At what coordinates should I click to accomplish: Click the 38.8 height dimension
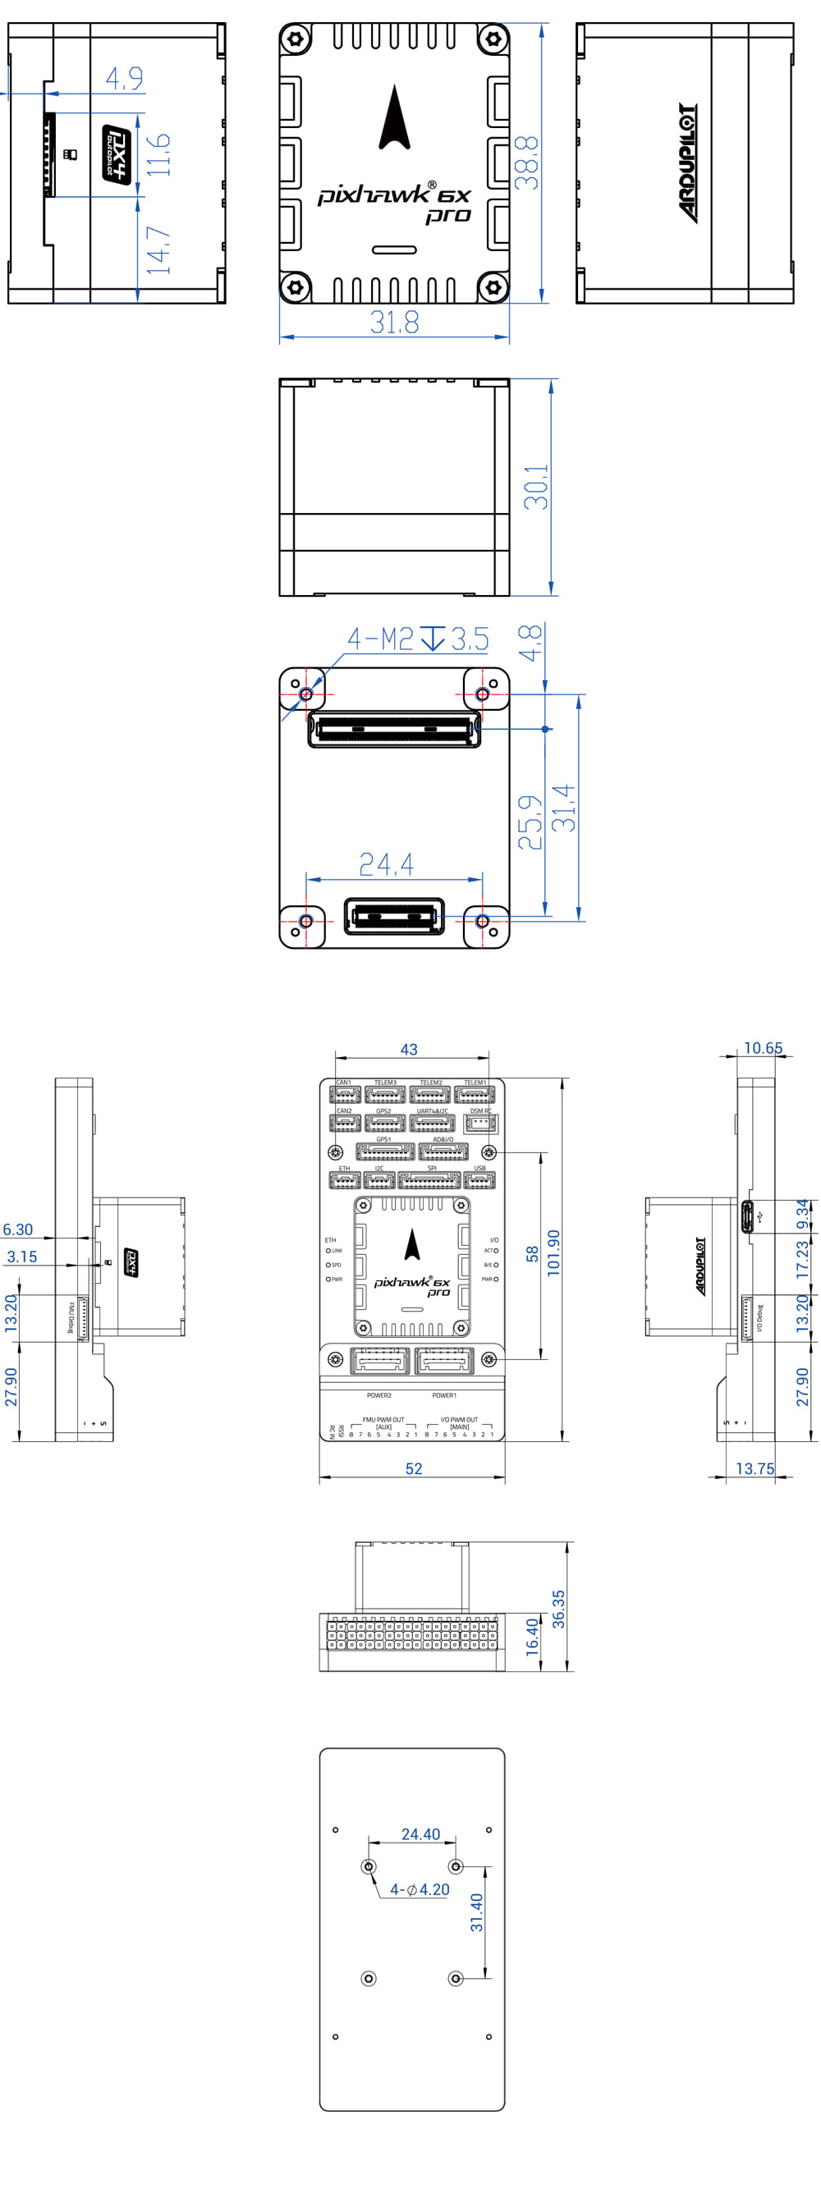(x=526, y=162)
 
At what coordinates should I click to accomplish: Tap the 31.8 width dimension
(x=394, y=322)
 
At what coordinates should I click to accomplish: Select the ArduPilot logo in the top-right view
(x=687, y=163)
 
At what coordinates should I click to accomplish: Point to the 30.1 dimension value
(x=536, y=487)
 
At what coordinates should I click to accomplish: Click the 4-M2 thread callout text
(x=379, y=639)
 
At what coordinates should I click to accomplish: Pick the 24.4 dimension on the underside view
(x=386, y=864)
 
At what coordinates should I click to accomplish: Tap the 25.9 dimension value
(x=530, y=822)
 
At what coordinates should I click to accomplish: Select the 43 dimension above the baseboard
(x=409, y=1050)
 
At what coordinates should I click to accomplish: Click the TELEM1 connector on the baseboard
(x=474, y=1094)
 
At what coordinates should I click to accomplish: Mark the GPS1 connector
(x=385, y=1152)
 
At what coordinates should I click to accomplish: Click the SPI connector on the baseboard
(x=429, y=1179)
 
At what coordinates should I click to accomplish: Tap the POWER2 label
(x=378, y=1395)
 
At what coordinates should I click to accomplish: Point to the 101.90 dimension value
(x=553, y=1252)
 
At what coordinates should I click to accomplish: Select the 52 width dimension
(x=414, y=1468)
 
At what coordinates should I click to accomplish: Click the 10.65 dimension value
(x=763, y=1048)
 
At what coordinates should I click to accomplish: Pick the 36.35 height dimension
(x=559, y=1608)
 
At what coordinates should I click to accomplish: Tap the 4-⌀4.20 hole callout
(x=419, y=1889)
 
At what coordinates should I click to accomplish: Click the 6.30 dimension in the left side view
(x=18, y=1229)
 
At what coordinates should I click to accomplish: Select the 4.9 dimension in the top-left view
(x=124, y=79)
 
